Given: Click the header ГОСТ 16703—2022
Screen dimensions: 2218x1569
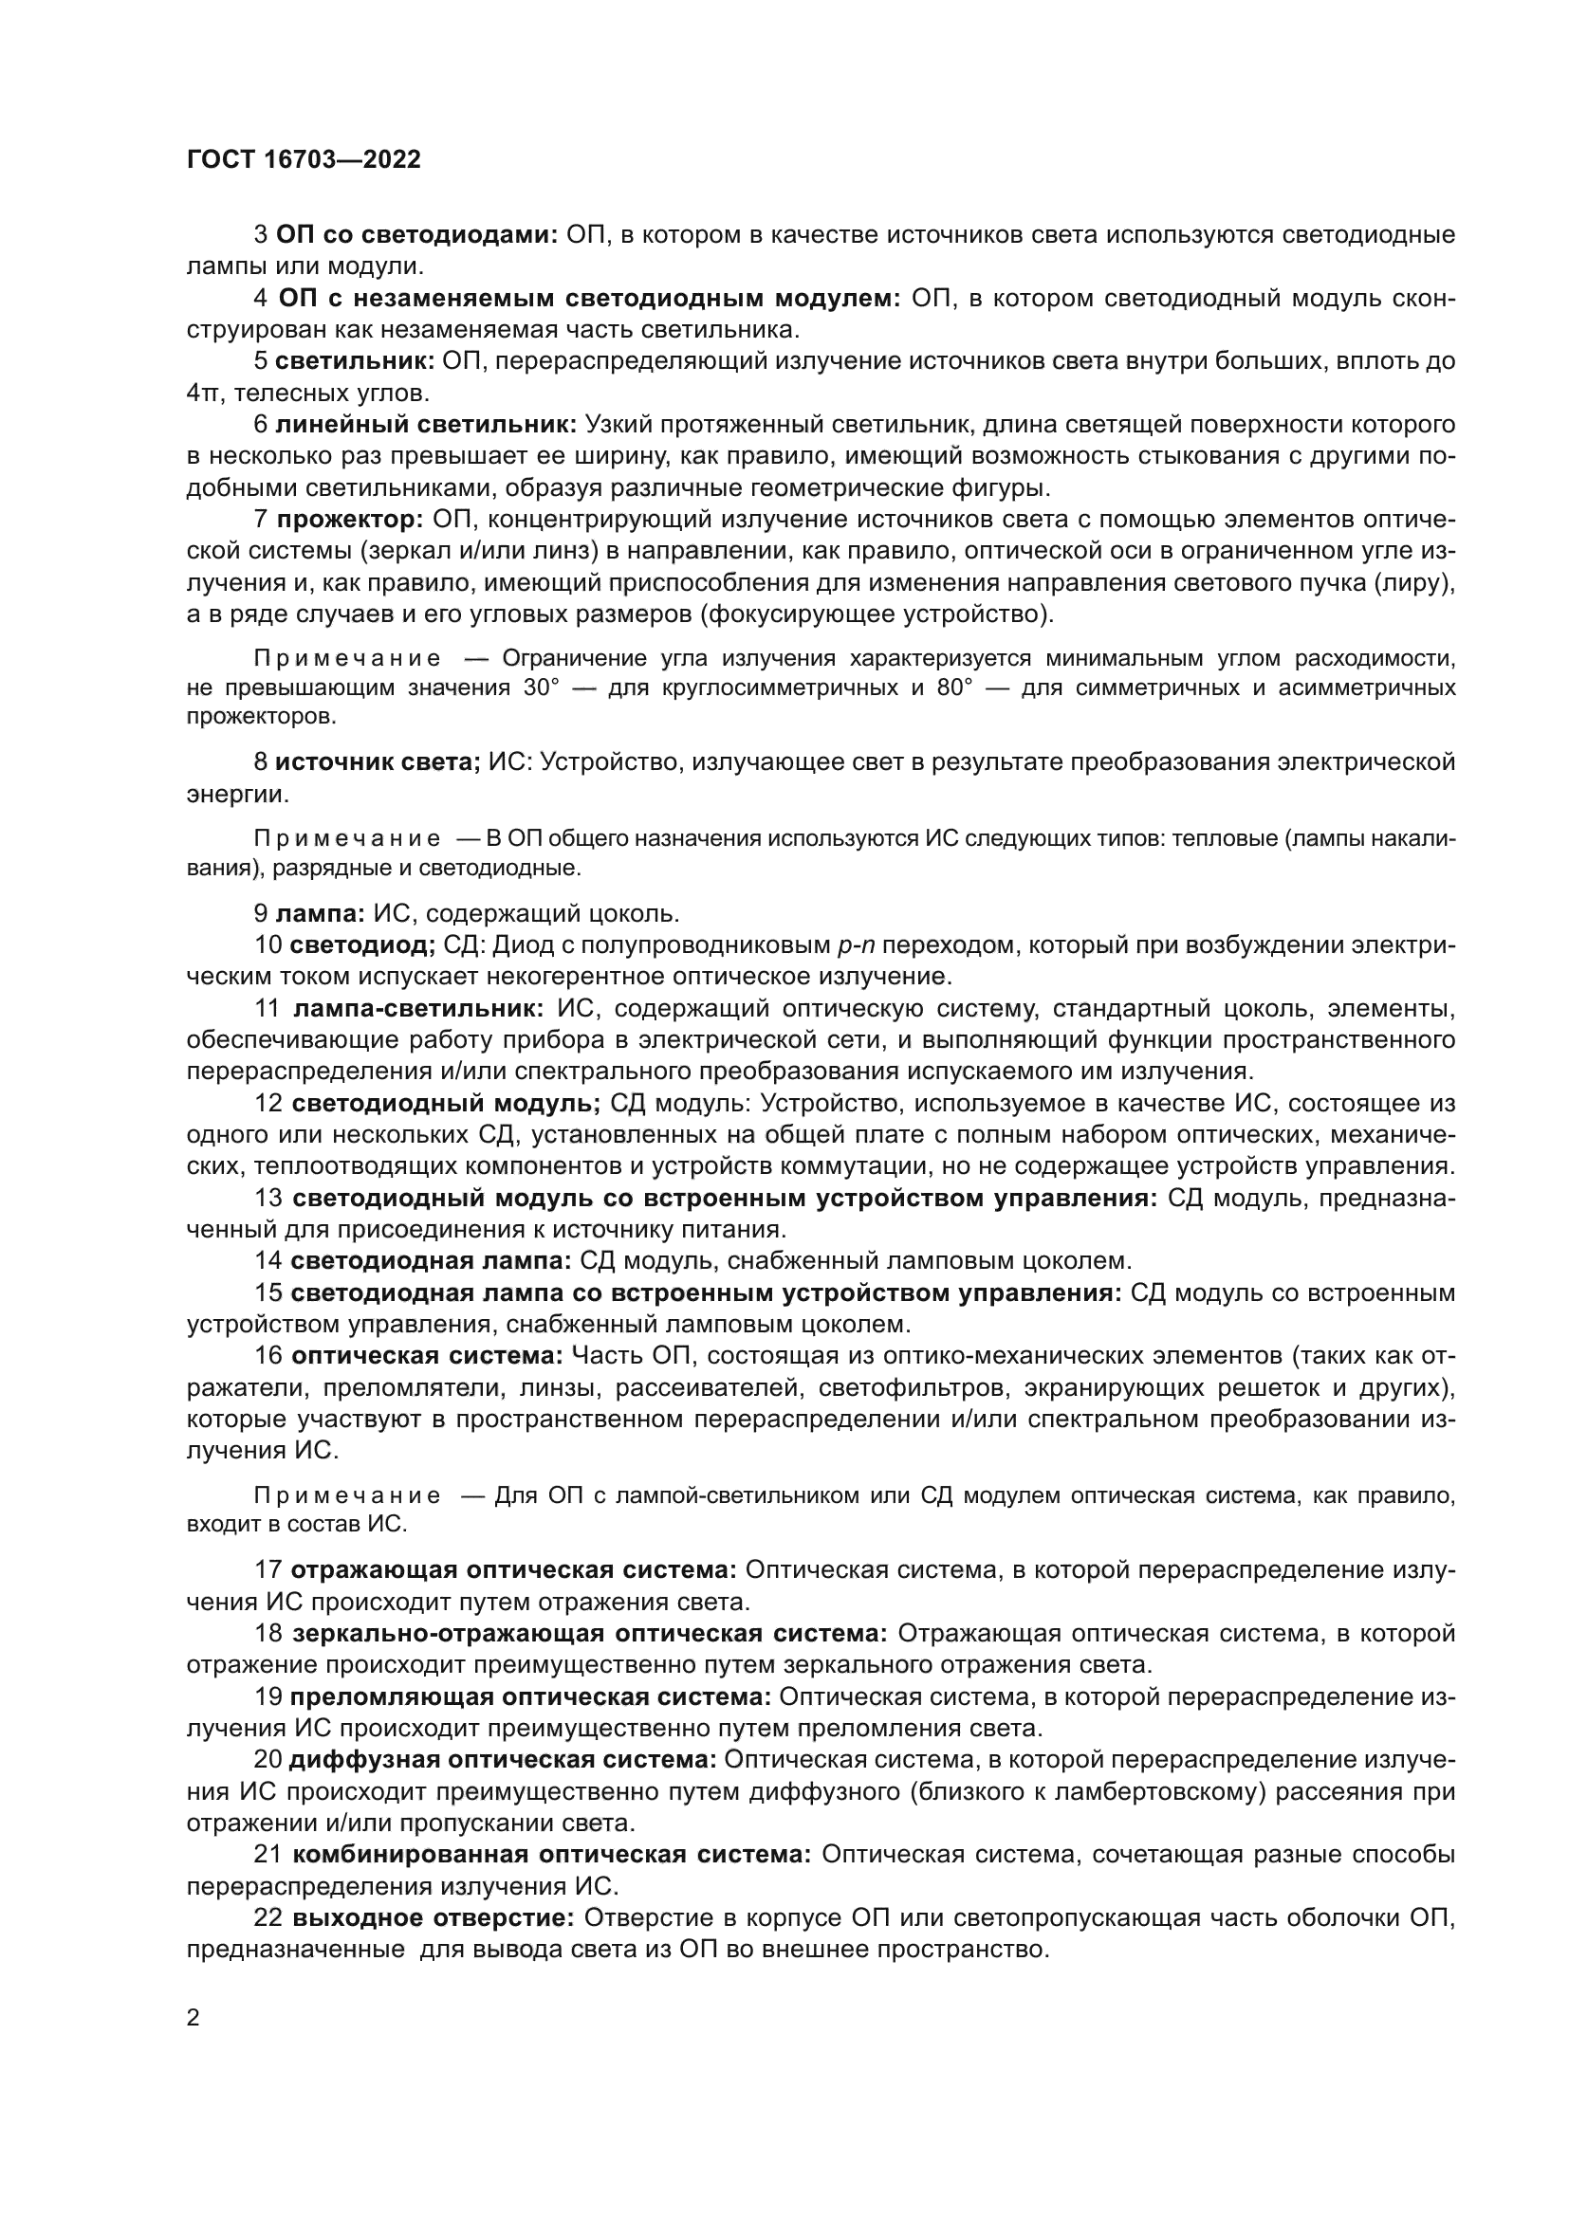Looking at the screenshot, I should [304, 159].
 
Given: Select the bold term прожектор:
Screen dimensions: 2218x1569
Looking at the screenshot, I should [350, 520].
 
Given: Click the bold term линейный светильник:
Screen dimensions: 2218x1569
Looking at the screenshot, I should [426, 425].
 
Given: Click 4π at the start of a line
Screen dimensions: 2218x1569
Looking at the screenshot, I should [204, 394].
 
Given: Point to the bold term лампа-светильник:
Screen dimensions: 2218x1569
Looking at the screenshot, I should [418, 1009].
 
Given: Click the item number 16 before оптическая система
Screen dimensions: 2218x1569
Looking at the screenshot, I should [268, 1356].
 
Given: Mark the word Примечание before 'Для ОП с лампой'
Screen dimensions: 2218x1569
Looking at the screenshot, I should [348, 1496].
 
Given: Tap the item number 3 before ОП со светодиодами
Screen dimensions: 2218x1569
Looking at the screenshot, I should [260, 235].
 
